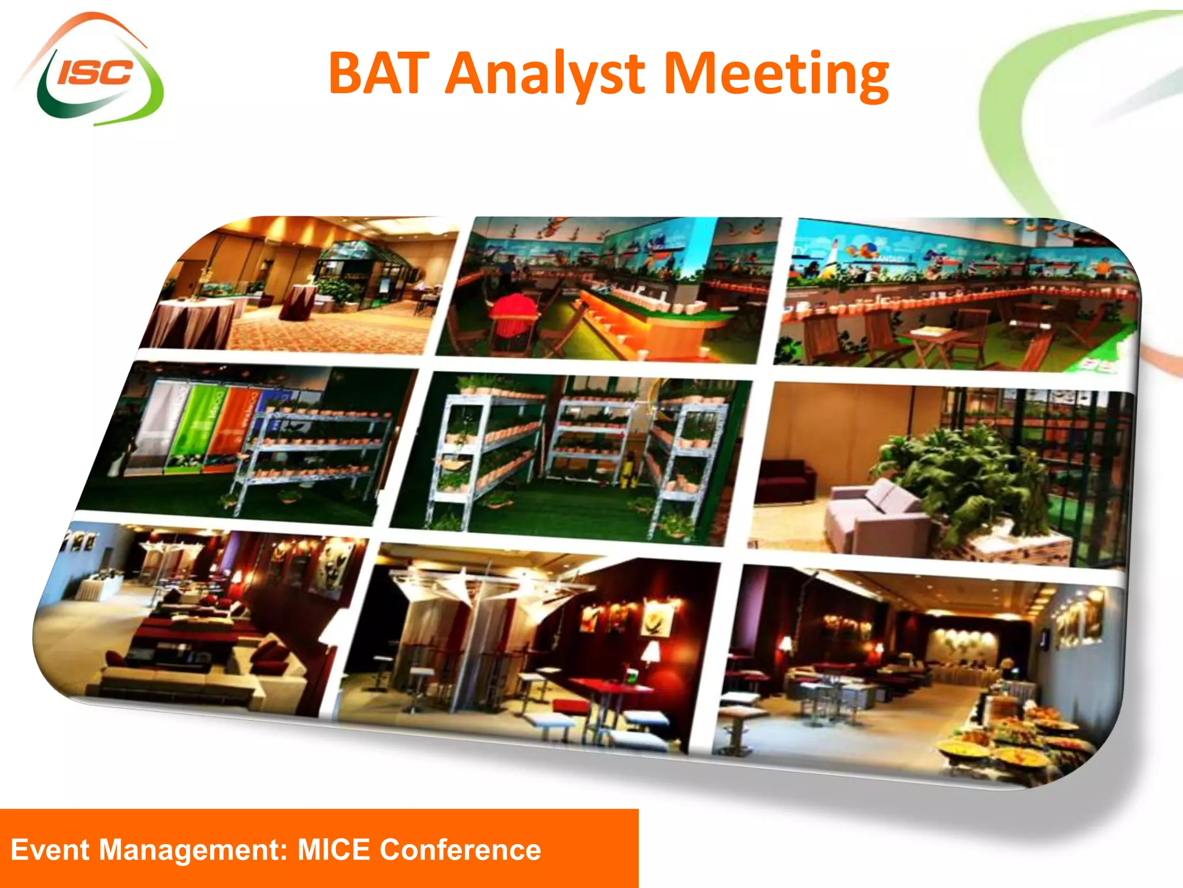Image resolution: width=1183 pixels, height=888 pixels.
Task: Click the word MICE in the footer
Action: (x=333, y=850)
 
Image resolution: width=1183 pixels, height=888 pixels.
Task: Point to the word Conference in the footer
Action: (x=460, y=850)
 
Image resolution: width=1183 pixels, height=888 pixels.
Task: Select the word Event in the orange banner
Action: (x=50, y=850)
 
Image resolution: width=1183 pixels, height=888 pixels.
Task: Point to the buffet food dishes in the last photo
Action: (x=1017, y=740)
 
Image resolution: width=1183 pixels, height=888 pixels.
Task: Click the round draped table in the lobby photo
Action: (x=196, y=321)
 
